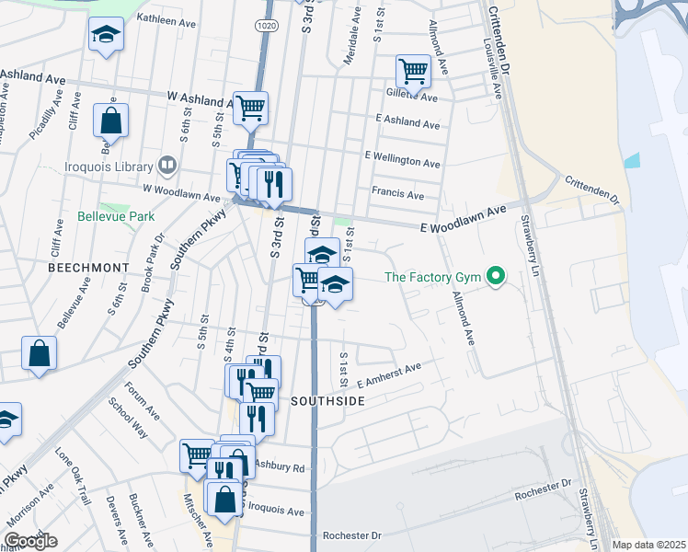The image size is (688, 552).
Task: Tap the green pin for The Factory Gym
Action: coord(497,276)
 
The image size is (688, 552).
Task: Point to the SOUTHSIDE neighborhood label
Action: coord(328,402)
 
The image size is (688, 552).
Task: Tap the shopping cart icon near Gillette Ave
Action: coord(413,70)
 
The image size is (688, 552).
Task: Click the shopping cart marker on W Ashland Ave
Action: coord(250,108)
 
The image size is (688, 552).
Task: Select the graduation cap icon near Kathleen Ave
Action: coord(106,36)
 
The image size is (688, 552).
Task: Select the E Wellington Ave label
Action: coord(403,158)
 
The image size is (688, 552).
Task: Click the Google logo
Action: coord(30,541)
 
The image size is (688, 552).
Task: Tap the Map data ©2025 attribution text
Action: coord(649,545)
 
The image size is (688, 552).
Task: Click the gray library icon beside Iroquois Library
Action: coord(167,166)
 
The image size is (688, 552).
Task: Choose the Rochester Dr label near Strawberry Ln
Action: coord(544,490)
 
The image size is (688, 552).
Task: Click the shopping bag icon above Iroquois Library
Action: coord(110,120)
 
